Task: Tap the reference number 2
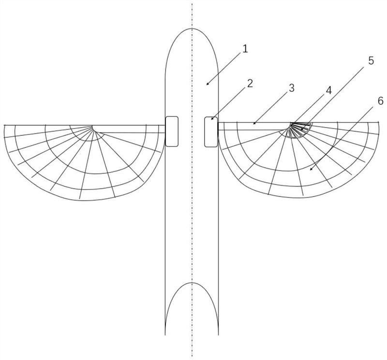(250, 83)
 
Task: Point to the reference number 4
(328, 90)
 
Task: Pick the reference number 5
(371, 61)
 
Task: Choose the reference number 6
(380, 101)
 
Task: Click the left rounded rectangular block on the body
(171, 131)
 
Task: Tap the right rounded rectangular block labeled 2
(210, 131)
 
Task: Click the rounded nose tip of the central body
(192, 29)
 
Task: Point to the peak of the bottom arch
(192, 283)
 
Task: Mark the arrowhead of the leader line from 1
(207, 85)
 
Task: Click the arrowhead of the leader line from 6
(311, 170)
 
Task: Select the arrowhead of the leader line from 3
(253, 124)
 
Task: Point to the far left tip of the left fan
(4, 126)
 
